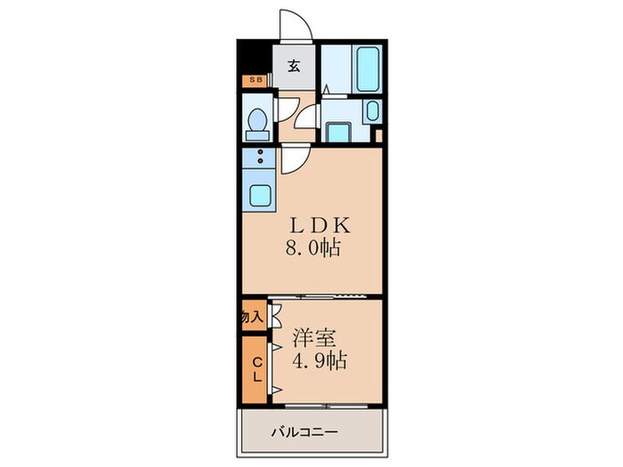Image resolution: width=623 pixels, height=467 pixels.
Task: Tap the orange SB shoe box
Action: [x=255, y=81]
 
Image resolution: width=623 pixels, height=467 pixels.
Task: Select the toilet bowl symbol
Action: [x=258, y=123]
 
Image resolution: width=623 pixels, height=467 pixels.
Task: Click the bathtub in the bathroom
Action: [x=367, y=67]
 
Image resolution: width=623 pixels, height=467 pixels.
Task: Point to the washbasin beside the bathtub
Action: [x=371, y=112]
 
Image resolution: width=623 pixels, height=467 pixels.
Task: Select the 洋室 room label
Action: [x=316, y=340]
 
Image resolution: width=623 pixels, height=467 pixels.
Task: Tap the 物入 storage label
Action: [x=253, y=317]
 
